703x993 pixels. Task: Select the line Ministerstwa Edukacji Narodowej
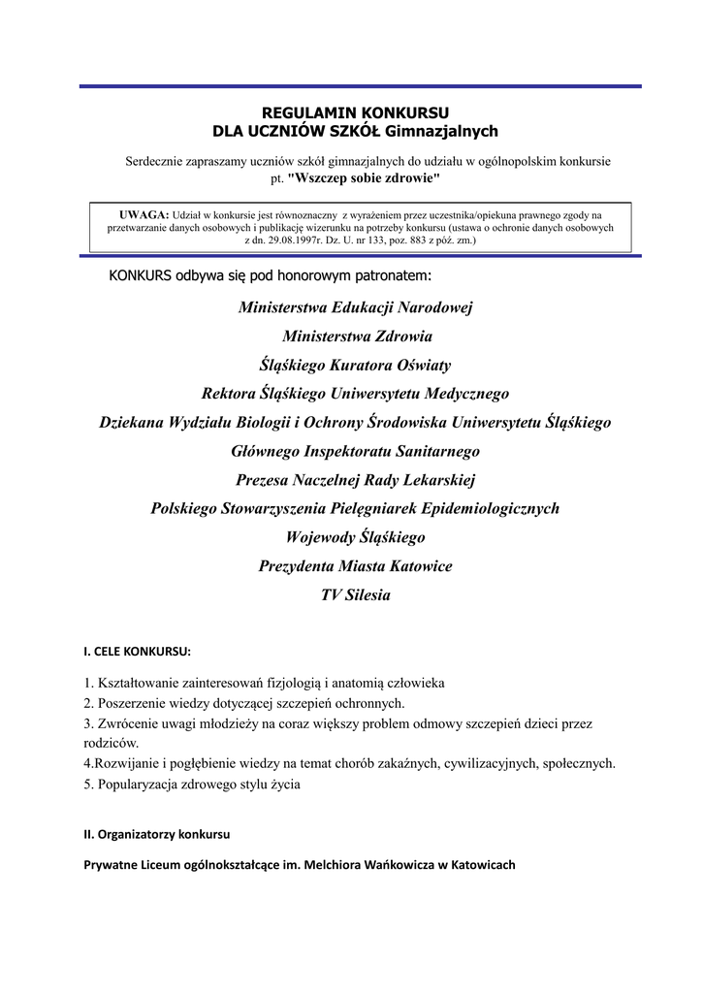(x=355, y=308)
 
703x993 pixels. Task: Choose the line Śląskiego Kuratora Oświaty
(x=355, y=366)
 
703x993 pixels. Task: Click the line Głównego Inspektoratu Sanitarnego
(x=355, y=451)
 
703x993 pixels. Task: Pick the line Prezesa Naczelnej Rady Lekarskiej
(x=356, y=480)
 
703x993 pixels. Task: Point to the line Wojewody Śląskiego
(x=355, y=537)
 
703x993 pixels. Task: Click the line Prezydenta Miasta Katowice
(x=355, y=565)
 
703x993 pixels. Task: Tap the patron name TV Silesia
(x=355, y=594)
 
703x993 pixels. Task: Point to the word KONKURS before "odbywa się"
(x=141, y=275)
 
